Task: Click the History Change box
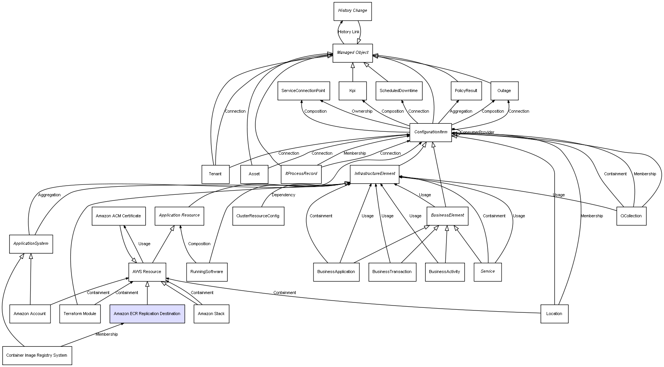pos(352,11)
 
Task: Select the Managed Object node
pos(352,53)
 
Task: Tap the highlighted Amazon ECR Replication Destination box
pos(147,314)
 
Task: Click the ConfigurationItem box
pos(430,132)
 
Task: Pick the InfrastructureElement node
pos(374,174)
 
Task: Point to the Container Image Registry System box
pos(37,355)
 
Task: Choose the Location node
pos(554,314)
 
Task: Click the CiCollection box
pos(631,216)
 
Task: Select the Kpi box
pos(352,91)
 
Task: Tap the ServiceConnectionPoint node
pos(303,91)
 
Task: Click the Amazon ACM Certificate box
pos(119,216)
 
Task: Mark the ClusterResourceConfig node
pos(258,216)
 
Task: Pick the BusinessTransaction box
pos(392,272)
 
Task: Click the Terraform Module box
pos(80,314)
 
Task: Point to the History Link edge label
pos(349,32)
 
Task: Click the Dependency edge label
pos(283,195)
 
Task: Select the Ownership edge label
pos(362,112)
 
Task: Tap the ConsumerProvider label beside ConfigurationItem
pos(477,133)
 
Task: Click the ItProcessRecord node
pos(301,174)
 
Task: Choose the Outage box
pos(504,91)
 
